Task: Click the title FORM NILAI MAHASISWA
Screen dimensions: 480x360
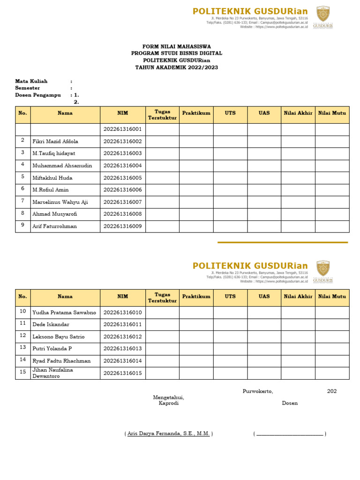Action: [176, 46]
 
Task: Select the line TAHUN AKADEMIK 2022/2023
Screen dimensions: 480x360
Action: [176, 67]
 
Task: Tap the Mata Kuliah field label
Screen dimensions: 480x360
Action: [31, 81]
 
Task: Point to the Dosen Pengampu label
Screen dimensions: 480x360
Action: [37, 95]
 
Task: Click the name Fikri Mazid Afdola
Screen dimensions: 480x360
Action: [55, 141]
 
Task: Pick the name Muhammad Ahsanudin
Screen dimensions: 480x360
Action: [62, 165]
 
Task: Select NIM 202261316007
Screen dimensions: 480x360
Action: [122, 202]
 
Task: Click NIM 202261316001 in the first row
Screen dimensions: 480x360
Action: [122, 129]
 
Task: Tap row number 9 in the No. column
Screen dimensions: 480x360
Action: [22, 225]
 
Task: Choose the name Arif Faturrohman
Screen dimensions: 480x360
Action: [54, 226]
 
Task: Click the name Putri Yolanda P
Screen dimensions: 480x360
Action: [52, 349]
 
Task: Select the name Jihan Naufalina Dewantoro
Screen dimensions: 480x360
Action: [52, 373]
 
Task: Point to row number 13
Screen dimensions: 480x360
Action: [22, 347]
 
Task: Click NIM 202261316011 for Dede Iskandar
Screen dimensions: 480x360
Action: [122, 324]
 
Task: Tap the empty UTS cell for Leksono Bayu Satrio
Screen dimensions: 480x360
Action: [230, 337]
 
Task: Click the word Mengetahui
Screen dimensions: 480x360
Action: [168, 397]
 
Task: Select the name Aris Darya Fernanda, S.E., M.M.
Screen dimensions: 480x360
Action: [169, 434]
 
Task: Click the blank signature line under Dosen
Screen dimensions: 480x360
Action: [290, 434]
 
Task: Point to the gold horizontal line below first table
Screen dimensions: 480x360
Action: [283, 242]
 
